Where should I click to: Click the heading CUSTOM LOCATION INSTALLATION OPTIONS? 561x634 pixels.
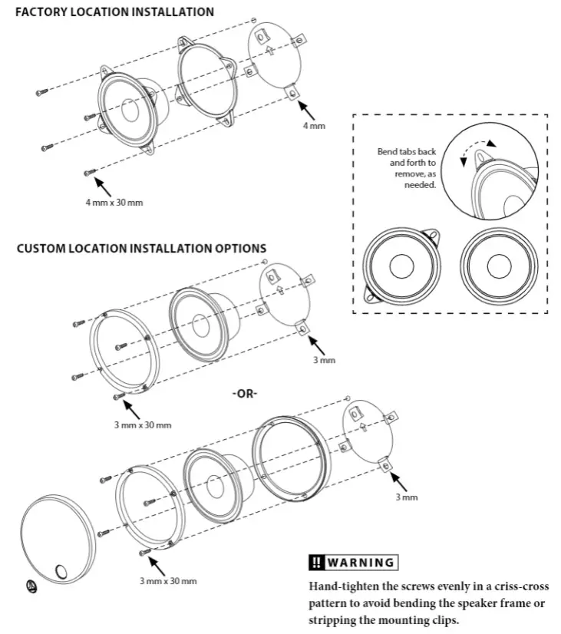point(141,249)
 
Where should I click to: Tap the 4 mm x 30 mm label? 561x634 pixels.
point(114,203)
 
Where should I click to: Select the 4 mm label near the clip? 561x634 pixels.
point(314,125)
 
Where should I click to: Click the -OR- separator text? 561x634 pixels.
point(245,393)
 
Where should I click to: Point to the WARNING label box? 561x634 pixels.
point(352,563)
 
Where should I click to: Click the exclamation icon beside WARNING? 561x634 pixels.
point(316,563)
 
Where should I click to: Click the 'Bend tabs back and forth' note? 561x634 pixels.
point(407,168)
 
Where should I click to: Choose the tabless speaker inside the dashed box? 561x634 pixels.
point(497,265)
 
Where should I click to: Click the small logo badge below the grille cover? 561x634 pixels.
point(32,585)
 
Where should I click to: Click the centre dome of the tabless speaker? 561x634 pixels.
point(497,266)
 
